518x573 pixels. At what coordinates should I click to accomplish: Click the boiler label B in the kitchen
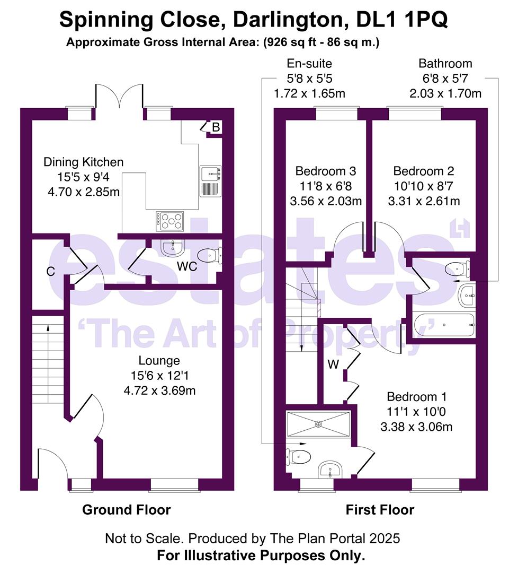[216, 128]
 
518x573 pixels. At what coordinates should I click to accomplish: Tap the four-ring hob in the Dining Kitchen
[169, 221]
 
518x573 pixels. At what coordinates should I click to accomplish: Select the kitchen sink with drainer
[210, 180]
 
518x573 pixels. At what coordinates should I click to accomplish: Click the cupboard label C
[50, 272]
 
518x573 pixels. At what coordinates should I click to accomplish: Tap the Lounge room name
[159, 361]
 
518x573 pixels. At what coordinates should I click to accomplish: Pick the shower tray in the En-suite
[318, 424]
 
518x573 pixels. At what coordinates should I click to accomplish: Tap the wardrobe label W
[333, 364]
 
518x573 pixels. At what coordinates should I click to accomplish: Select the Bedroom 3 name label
[325, 171]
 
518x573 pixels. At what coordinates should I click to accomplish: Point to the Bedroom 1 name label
[417, 397]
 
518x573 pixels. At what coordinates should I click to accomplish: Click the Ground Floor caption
[126, 510]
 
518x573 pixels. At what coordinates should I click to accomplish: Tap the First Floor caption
[380, 510]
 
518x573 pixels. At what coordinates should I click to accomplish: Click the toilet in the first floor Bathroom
[457, 268]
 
